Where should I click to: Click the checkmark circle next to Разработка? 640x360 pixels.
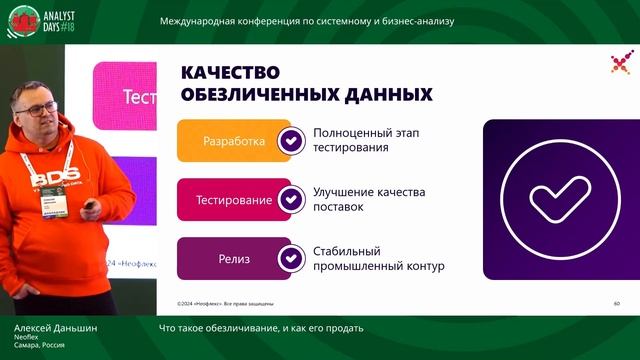(290, 141)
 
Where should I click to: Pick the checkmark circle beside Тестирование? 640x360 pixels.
(290, 200)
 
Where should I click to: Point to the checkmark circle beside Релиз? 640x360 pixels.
(290, 259)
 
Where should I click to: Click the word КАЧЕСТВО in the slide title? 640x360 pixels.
(230, 72)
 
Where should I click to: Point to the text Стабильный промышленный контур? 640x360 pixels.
(378, 259)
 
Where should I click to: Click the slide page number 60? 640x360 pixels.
(616, 303)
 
